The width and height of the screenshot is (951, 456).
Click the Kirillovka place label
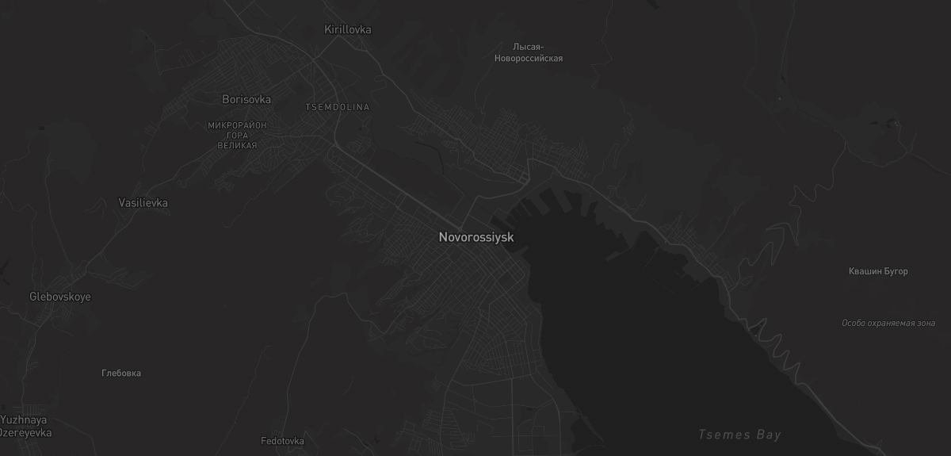[348, 30]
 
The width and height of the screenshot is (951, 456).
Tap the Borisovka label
[246, 100]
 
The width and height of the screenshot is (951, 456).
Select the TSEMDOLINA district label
[337, 107]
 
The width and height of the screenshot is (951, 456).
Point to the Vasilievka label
[143, 203]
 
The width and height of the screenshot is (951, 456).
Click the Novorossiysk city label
[476, 237]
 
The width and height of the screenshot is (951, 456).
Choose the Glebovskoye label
[60, 297]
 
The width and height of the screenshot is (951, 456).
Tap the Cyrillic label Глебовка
[121, 373]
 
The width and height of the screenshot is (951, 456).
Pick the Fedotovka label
[282, 441]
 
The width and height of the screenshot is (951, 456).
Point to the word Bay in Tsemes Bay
[769, 435]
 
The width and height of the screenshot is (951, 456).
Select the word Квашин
[864, 271]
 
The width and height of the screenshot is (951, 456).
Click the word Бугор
[895, 271]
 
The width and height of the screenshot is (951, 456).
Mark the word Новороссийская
[529, 59]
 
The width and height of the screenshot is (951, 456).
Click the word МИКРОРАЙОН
[237, 125]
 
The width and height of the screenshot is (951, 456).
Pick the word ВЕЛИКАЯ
[237, 146]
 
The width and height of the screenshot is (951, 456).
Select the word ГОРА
[237, 136]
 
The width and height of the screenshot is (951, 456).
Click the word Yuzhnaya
[24, 420]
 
